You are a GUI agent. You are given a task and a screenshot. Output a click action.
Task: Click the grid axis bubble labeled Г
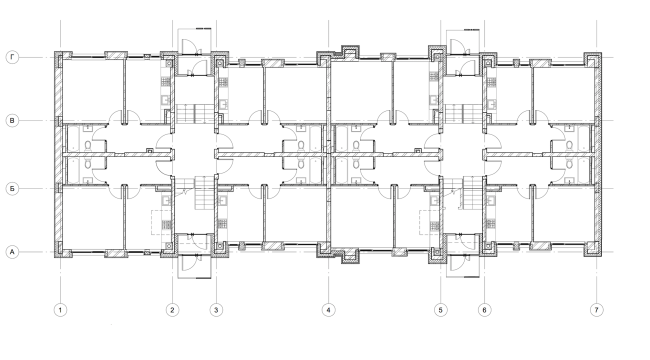pyautogui.click(x=13, y=57)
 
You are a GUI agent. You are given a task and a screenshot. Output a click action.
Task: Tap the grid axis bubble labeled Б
pyautogui.click(x=13, y=187)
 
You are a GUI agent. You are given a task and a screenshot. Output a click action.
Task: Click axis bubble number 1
pyautogui.click(x=60, y=310)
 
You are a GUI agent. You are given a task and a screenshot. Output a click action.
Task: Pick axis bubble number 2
pyautogui.click(x=172, y=310)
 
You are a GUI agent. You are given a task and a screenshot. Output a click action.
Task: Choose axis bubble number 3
pyautogui.click(x=217, y=310)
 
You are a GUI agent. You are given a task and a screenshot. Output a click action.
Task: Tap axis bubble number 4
pyautogui.click(x=328, y=310)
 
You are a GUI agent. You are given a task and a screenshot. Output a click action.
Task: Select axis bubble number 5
pyautogui.click(x=440, y=310)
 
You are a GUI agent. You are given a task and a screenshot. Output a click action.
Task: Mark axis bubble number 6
pyautogui.click(x=484, y=310)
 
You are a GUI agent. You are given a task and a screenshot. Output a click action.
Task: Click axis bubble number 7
pyautogui.click(x=597, y=310)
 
